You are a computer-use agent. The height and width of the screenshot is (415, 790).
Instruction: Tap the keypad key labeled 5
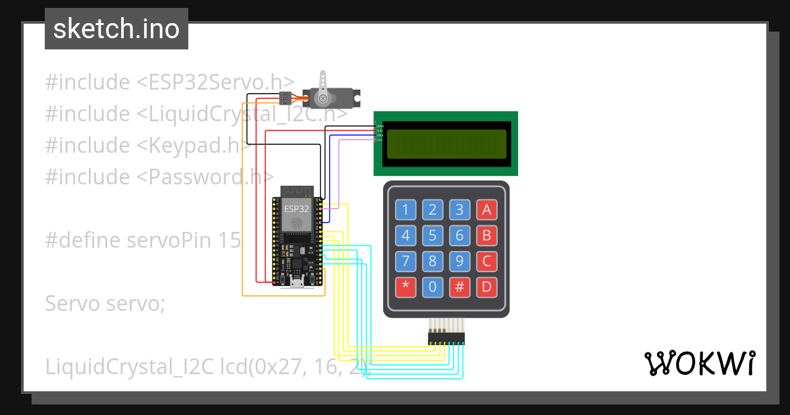(433, 236)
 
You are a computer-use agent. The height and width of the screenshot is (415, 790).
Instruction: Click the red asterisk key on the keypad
(406, 287)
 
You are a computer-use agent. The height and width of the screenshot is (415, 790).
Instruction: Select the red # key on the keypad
(460, 287)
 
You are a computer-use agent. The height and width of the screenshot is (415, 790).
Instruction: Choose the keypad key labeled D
(487, 287)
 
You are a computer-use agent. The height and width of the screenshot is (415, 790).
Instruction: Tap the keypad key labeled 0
(433, 287)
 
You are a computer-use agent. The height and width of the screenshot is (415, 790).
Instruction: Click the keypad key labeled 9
(460, 262)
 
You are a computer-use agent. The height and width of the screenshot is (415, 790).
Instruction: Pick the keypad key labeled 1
(406, 210)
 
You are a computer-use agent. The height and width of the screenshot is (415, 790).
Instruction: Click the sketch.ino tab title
(117, 29)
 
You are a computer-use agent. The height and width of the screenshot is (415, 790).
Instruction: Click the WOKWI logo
(699, 363)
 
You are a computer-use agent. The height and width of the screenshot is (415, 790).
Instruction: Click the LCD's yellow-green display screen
(446, 144)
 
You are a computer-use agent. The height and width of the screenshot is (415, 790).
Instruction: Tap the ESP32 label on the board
(296, 208)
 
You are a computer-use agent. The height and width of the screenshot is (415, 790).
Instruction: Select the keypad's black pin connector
(446, 338)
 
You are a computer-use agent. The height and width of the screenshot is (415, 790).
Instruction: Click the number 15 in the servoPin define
(228, 240)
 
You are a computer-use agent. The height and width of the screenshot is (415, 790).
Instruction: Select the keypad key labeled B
(487, 236)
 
